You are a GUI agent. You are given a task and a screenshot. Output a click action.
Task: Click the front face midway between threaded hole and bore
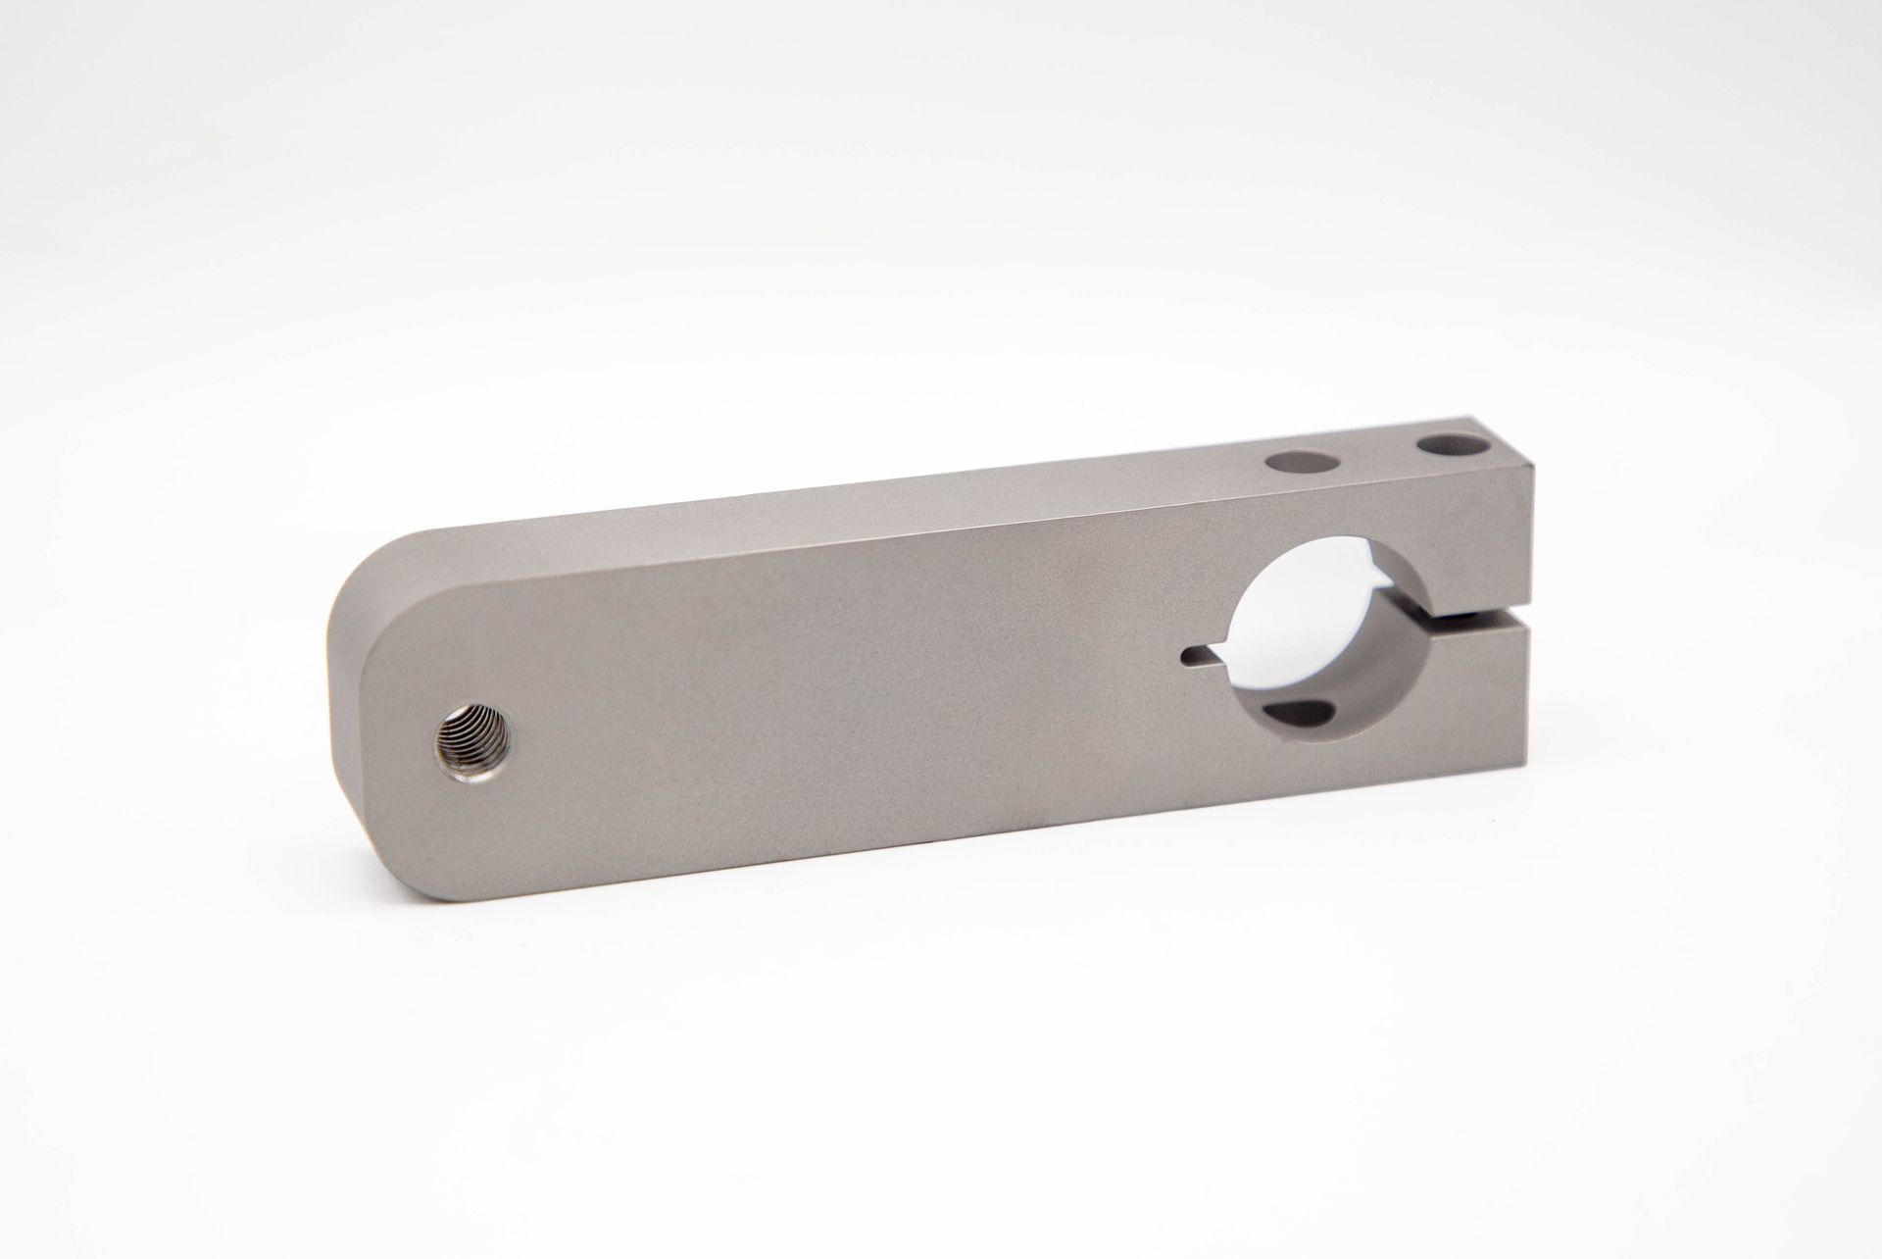833,706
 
